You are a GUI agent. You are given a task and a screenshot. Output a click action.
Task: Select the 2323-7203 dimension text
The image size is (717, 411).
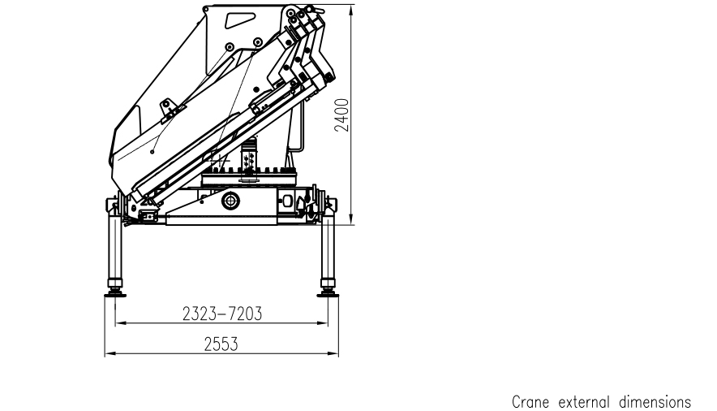pyautogui.click(x=221, y=314)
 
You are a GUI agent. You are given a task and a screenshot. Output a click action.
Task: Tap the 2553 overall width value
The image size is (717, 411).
pyautogui.click(x=221, y=344)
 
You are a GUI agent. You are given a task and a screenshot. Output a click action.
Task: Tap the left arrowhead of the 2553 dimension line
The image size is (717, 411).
pyautogui.click(x=108, y=353)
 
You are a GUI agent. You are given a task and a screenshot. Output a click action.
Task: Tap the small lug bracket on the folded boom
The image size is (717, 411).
pyautogui.click(x=169, y=106)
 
